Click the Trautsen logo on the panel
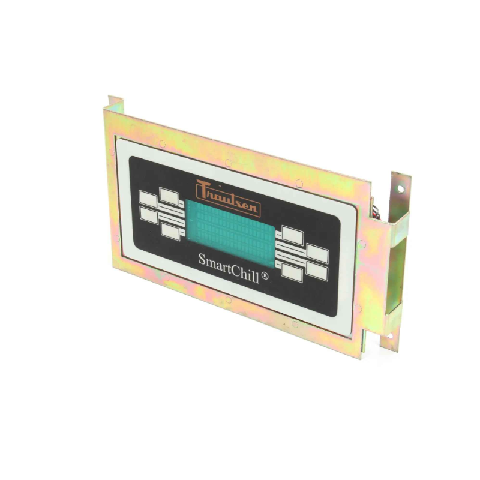click(x=228, y=198)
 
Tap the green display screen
click(x=230, y=232)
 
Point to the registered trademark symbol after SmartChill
click(x=265, y=276)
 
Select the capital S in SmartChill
click(x=202, y=260)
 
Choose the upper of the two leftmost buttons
click(x=148, y=199)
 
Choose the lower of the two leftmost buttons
click(x=149, y=215)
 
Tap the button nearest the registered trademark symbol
click(x=292, y=272)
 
